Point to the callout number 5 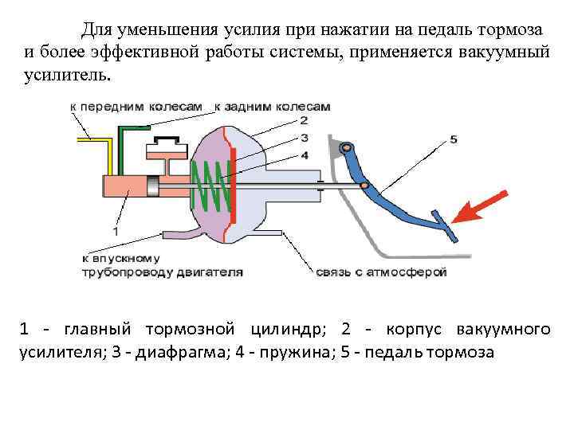tap(454, 139)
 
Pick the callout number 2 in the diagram tap(304, 121)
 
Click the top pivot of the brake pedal tap(344, 148)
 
